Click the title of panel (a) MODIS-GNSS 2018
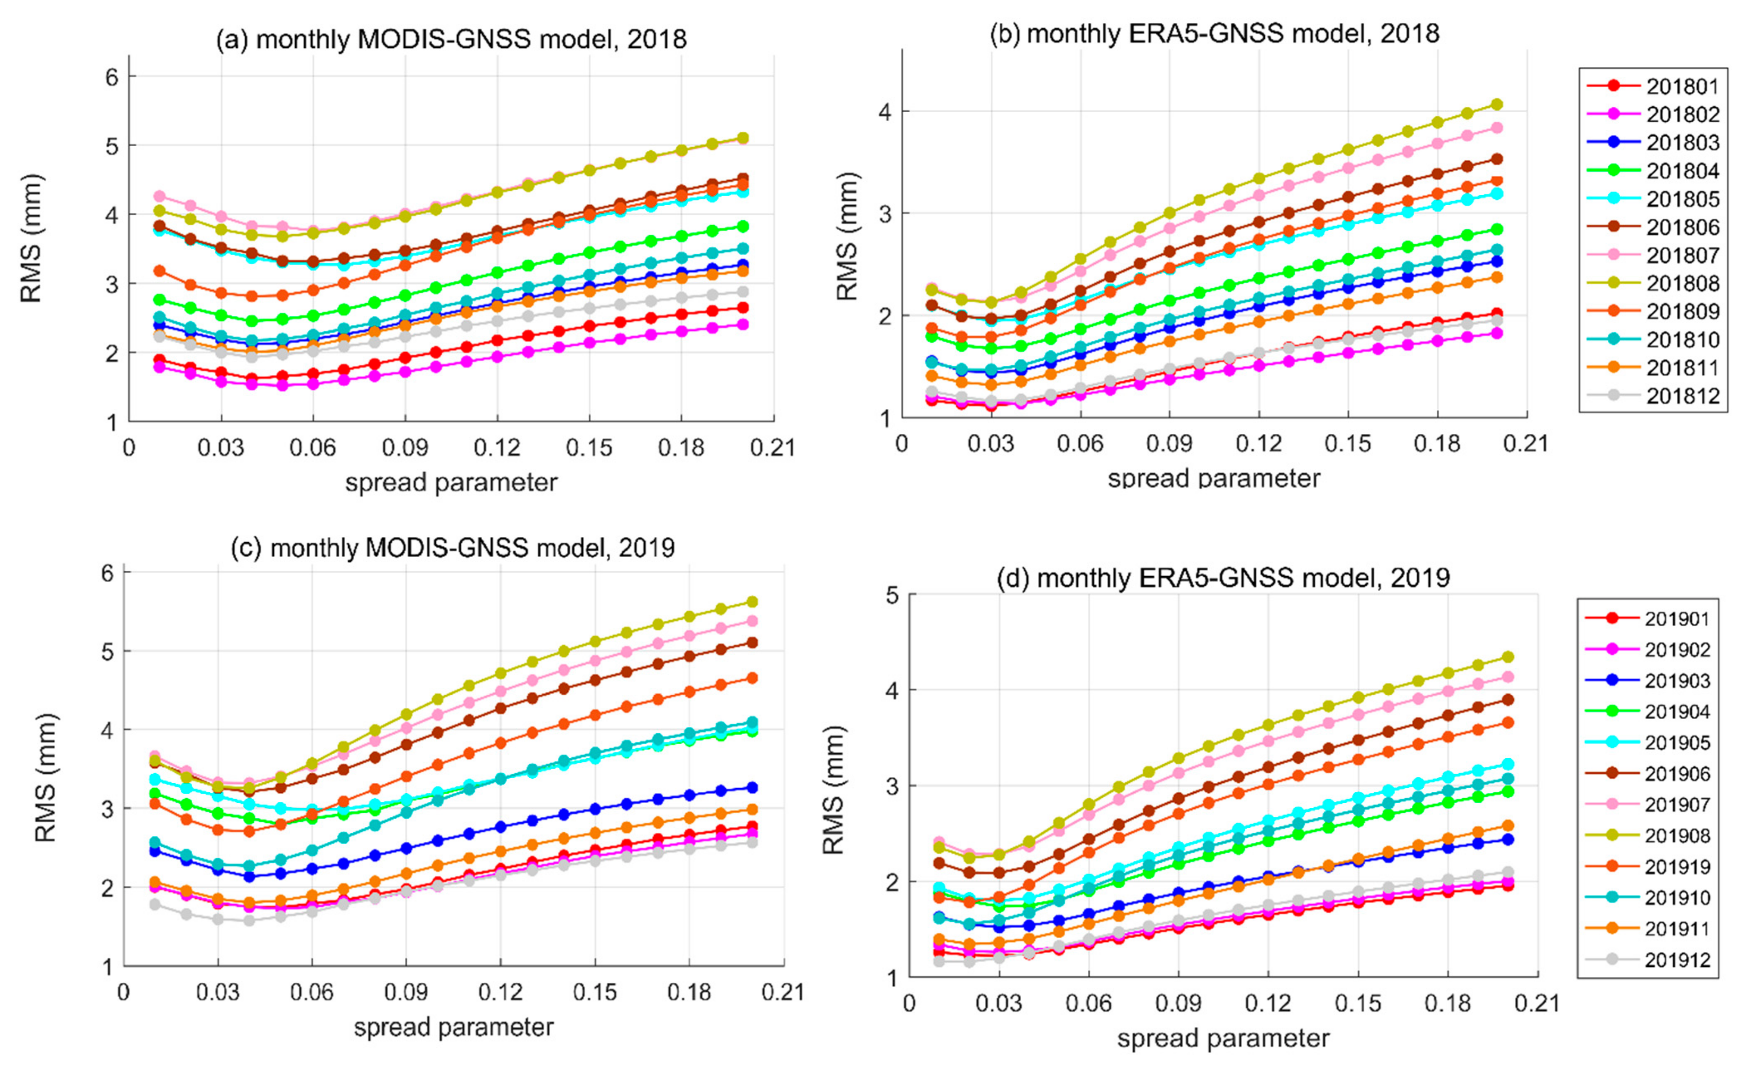451,38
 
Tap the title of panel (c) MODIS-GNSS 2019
453,547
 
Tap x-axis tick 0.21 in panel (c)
783,992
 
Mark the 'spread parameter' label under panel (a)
451,483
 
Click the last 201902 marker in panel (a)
743,324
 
